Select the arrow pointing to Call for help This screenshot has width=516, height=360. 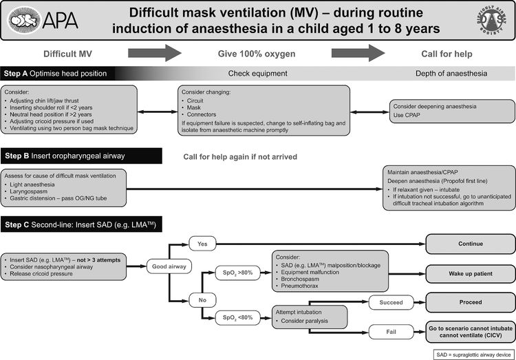point(358,53)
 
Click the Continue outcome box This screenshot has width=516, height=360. point(470,244)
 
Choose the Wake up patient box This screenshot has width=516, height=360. point(470,273)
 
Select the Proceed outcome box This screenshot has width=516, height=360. point(470,301)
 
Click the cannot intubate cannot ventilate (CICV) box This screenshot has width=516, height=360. point(470,331)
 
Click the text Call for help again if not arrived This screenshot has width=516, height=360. point(239,157)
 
